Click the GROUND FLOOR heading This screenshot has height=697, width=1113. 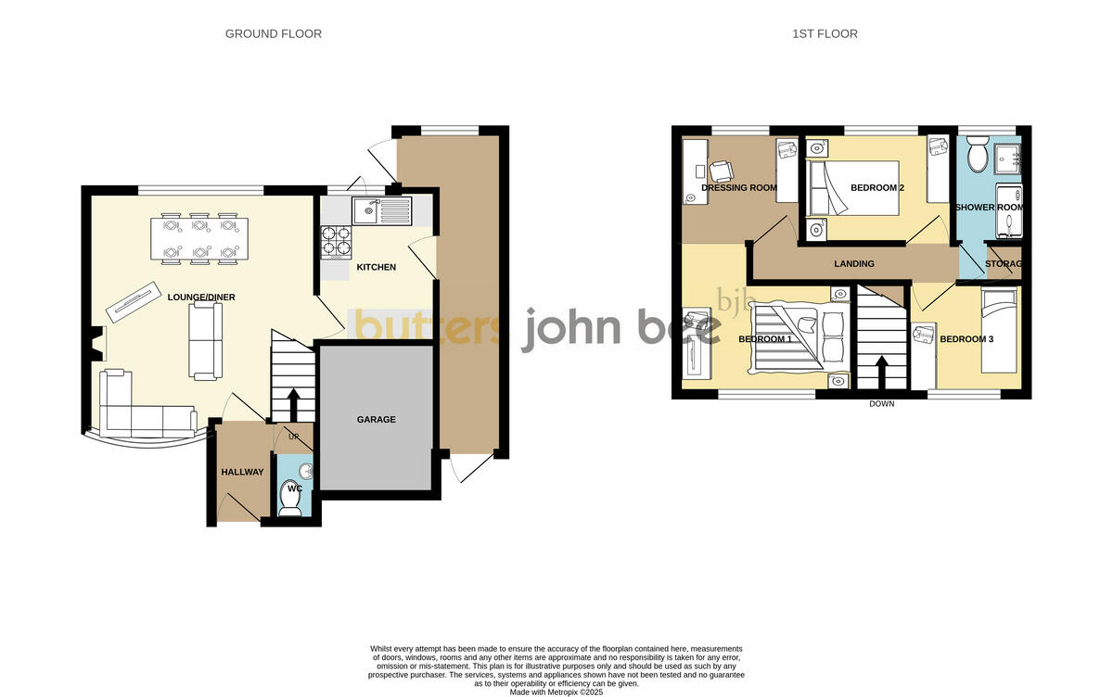(274, 34)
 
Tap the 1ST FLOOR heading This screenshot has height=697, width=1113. (825, 34)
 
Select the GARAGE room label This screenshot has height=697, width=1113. (377, 420)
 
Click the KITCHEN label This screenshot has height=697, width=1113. (377, 268)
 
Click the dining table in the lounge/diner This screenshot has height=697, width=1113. (198, 238)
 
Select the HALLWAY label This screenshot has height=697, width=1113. (242, 473)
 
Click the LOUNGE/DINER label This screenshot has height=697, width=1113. (201, 298)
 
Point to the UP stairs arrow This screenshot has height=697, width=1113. (294, 402)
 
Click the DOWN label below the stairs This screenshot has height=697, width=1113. (882, 404)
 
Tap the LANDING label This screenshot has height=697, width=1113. (854, 264)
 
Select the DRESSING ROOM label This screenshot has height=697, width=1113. (739, 188)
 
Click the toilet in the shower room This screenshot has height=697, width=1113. (977, 155)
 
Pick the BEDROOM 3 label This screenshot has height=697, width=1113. (966, 339)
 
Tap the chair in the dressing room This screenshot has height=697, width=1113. (721, 171)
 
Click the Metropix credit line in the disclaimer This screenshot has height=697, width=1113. (556, 691)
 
